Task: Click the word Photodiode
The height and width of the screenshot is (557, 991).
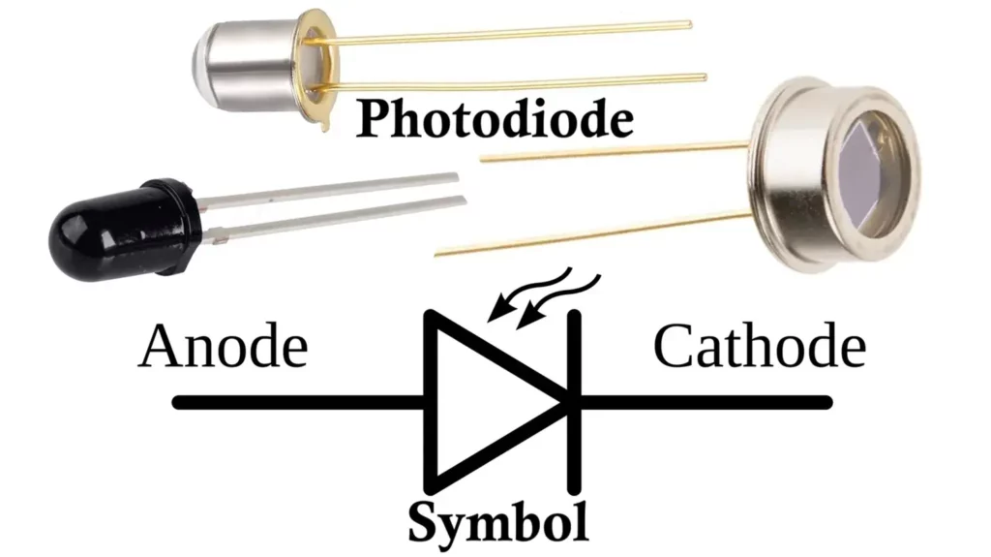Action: (495, 120)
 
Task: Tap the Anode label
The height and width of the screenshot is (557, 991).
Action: (223, 347)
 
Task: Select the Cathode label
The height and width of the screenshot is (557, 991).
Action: (759, 347)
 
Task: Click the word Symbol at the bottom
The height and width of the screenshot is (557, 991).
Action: (497, 523)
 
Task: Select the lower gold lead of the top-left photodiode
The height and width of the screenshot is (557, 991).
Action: (523, 82)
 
